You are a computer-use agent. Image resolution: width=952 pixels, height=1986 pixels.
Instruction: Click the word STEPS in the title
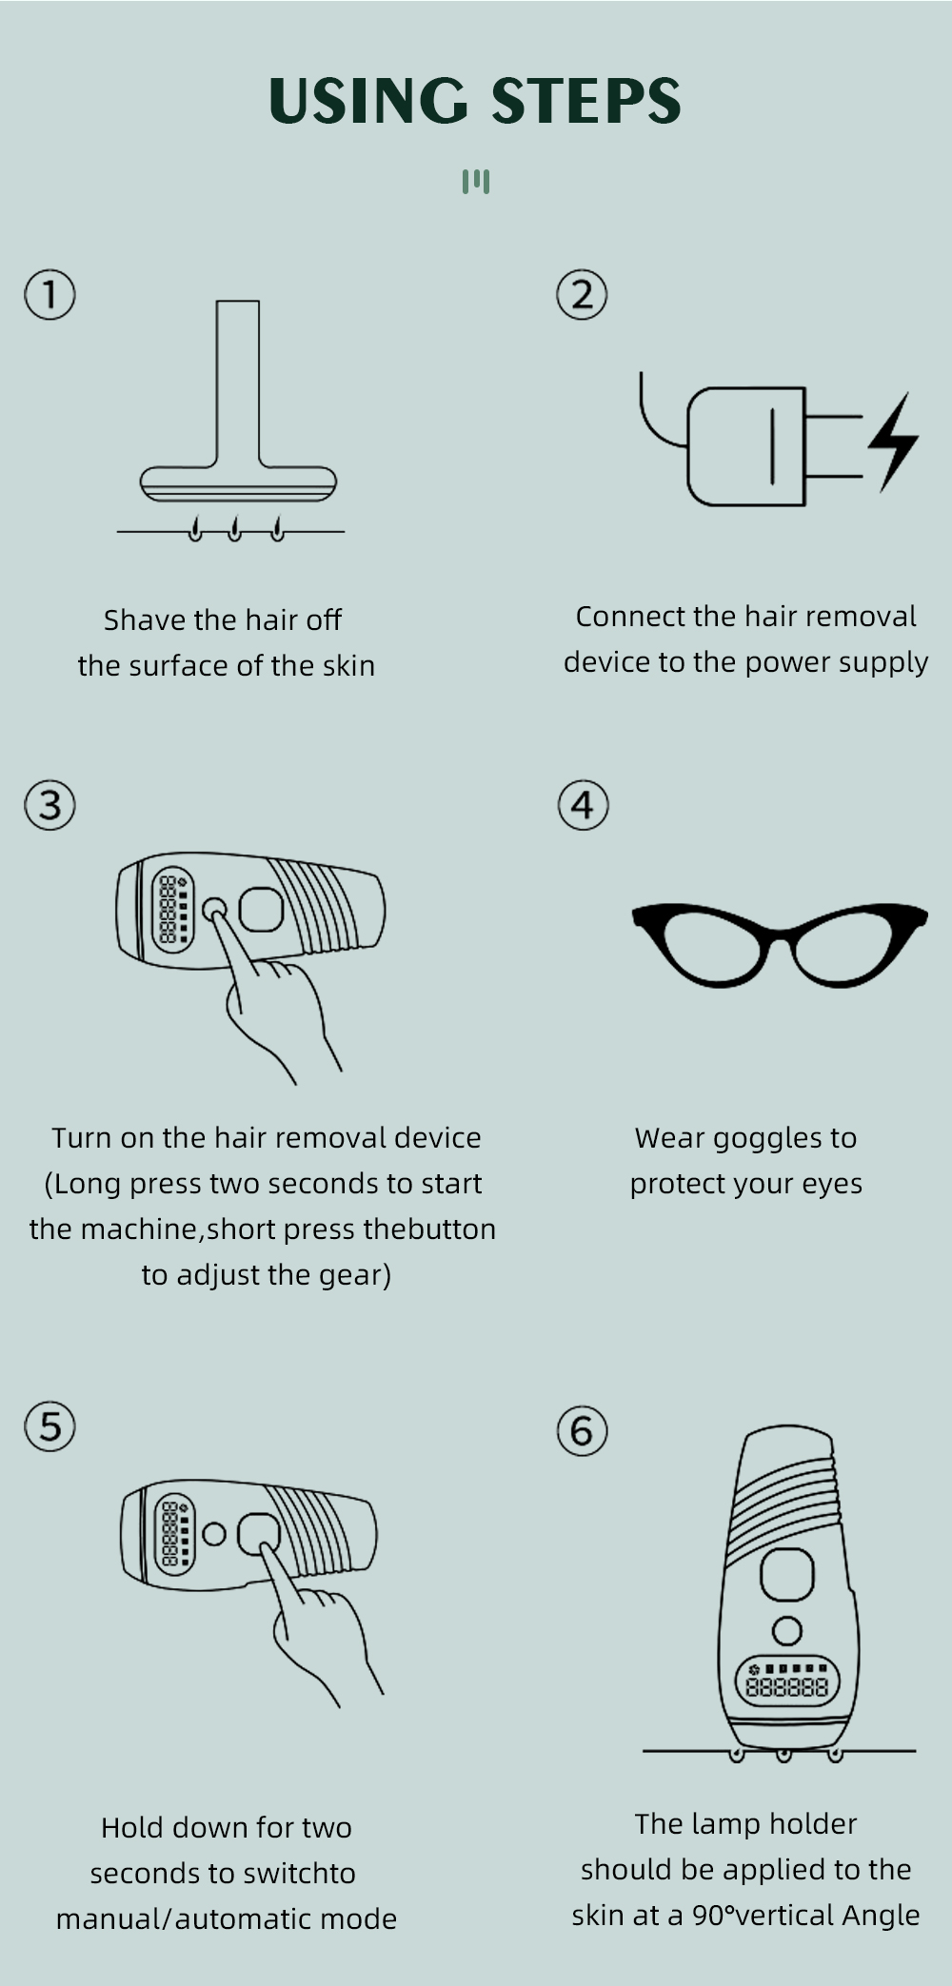[x=586, y=101]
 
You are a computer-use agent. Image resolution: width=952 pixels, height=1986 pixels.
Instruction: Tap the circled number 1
[x=50, y=294]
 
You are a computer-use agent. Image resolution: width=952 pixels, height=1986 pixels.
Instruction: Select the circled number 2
[x=582, y=294]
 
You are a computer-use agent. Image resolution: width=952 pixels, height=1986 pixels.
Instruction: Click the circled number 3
[x=50, y=805]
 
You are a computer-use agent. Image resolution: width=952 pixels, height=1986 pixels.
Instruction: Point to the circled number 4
[x=583, y=805]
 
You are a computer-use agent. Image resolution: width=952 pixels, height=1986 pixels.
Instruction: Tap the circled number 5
[x=50, y=1426]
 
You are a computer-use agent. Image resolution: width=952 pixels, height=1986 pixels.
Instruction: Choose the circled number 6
[x=582, y=1430]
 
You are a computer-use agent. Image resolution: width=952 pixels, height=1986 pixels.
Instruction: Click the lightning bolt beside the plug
[x=893, y=442]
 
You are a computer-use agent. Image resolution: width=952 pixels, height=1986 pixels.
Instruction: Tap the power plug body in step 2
[x=746, y=446]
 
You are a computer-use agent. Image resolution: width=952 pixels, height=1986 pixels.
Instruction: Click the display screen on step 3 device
[x=173, y=911]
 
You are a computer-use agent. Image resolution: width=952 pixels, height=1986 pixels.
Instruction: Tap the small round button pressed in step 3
[x=215, y=910]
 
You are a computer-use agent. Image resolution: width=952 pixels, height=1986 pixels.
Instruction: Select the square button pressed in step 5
[x=260, y=1533]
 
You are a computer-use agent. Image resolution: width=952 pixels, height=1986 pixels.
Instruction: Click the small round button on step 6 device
[x=786, y=1631]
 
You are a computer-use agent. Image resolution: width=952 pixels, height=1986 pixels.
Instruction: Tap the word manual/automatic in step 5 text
[x=175, y=1919]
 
